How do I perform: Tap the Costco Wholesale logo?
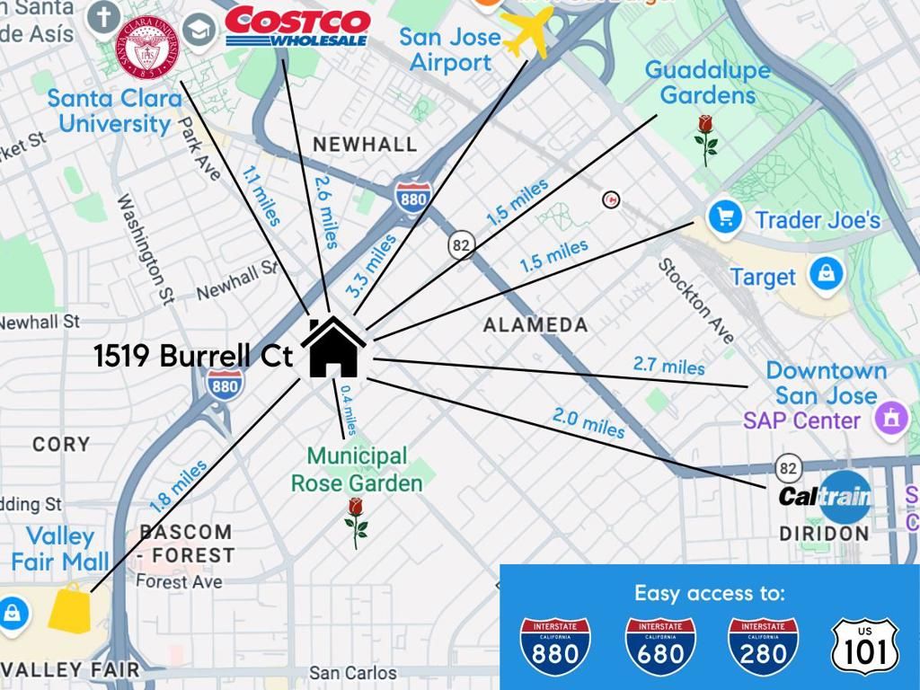coord(296,28)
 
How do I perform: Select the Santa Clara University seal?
coord(146,48)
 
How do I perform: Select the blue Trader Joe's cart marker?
coord(724,217)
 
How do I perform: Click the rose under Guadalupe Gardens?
coord(706,139)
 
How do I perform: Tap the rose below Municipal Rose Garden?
coord(357,523)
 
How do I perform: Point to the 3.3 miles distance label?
coord(371,266)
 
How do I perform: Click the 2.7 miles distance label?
coord(668,366)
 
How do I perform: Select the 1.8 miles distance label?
coord(178,487)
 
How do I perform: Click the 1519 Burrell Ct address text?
coord(193,357)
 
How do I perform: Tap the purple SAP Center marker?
coord(890,417)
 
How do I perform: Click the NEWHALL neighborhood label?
coord(364,144)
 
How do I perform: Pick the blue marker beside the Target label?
coord(825,273)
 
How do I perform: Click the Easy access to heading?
coord(709,593)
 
